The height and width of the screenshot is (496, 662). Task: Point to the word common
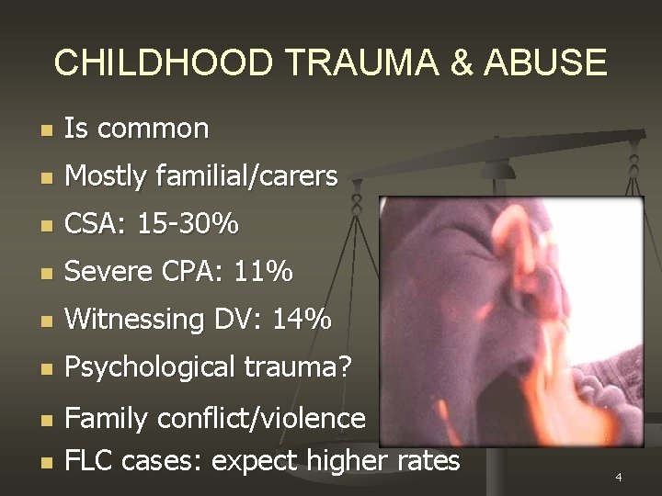tap(153, 129)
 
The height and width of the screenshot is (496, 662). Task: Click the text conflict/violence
tap(262, 419)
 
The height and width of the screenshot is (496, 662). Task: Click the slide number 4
tap(619, 478)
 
